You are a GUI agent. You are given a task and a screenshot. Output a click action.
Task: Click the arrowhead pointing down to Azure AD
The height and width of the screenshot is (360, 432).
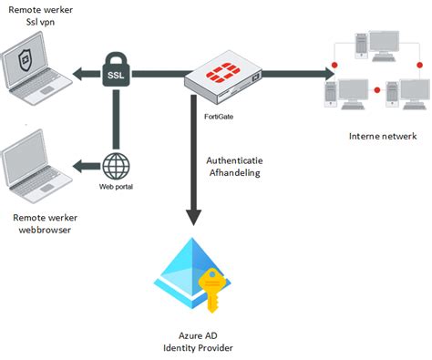click(193, 216)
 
